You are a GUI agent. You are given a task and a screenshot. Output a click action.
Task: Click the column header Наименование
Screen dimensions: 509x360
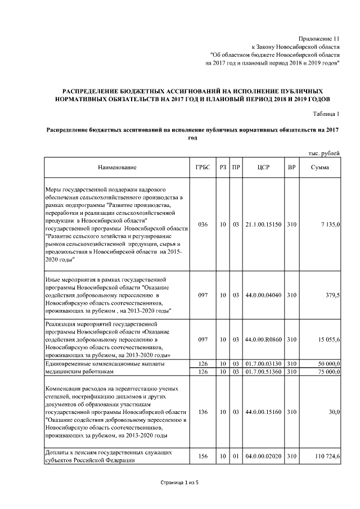(x=117, y=167)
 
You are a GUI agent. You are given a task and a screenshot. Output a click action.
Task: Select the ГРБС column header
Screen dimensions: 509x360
(x=203, y=167)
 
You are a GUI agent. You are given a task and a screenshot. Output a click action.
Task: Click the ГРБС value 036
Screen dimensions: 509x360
(x=203, y=224)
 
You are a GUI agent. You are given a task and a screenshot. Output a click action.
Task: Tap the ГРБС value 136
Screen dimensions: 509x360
(x=203, y=412)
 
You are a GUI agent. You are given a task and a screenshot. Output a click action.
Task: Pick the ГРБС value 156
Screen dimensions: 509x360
(x=203, y=457)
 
